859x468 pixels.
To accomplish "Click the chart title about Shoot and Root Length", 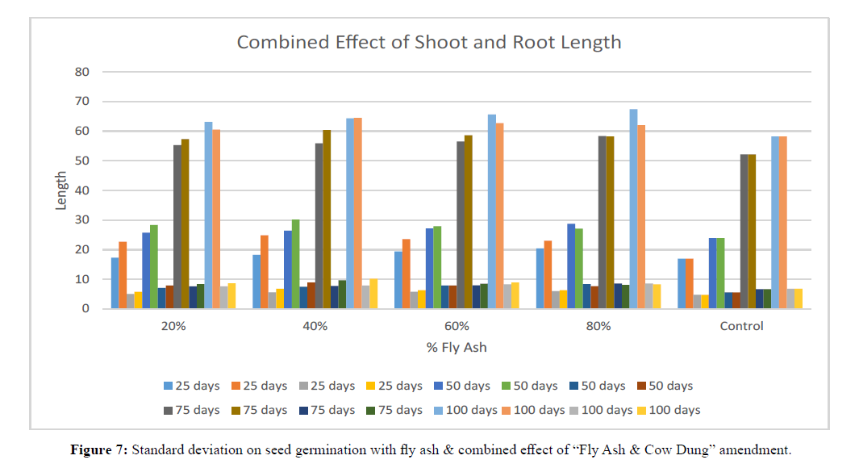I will coord(428,42).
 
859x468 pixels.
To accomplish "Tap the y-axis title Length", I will coord(61,191).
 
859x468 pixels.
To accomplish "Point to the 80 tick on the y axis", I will coord(82,72).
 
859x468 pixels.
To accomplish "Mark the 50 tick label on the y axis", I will coord(82,161).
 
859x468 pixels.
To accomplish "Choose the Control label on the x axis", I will coord(740,326).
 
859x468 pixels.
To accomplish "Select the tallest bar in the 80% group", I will coord(633,209).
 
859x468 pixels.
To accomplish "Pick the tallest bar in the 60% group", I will coord(492,211).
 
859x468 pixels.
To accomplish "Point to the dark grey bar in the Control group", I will coord(744,232).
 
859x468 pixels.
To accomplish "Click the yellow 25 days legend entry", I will coord(394,386).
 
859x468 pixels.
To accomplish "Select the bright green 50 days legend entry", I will coord(530,386).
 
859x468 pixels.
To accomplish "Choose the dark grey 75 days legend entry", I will coord(190,410).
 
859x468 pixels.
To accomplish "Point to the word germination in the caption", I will coord(360,450).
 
